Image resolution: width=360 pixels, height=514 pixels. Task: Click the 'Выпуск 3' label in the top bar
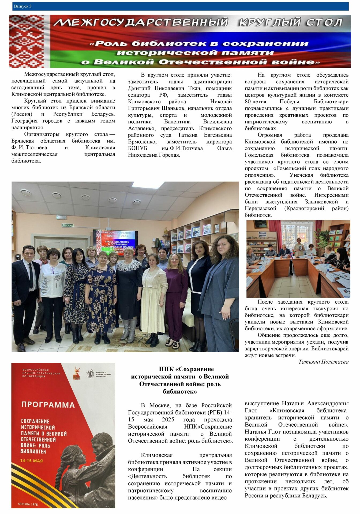[22, 6]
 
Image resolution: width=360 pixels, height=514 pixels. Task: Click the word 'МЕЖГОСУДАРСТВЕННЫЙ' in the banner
[141, 22]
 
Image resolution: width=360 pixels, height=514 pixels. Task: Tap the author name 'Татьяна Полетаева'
[323, 362]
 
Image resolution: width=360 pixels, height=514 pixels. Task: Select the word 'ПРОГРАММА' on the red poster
[48, 405]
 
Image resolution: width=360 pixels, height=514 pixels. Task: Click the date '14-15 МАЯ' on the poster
[31, 461]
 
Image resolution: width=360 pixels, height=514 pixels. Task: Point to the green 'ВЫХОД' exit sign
[67, 225]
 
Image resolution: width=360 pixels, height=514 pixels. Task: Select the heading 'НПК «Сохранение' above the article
[186, 369]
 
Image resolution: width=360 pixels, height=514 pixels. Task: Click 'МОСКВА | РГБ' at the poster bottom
[28, 504]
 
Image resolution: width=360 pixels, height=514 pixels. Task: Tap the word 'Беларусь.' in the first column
[103, 114]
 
